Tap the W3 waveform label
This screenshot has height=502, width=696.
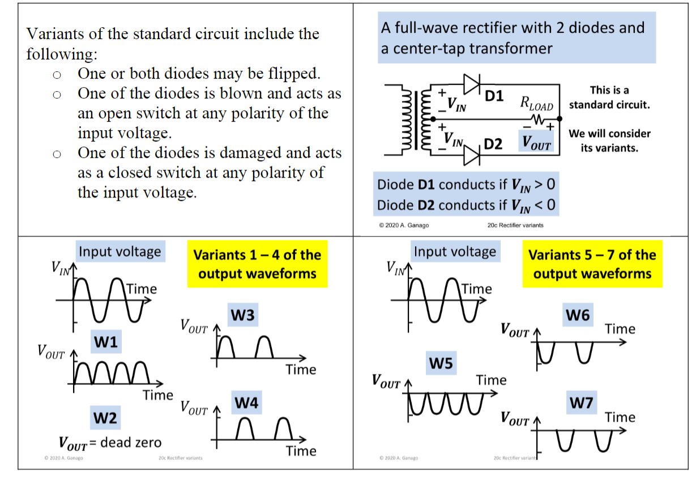click(243, 316)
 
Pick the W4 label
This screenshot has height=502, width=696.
click(246, 403)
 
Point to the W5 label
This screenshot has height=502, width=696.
click(441, 363)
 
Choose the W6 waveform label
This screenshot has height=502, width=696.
click(578, 316)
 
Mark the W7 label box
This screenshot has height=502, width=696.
click(581, 403)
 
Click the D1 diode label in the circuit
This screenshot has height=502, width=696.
click(494, 96)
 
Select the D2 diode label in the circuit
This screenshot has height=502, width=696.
click(493, 144)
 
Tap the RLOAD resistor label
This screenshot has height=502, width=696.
click(536, 104)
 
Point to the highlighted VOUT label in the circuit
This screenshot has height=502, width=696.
click(536, 144)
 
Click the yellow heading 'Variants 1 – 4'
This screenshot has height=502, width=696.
click(257, 264)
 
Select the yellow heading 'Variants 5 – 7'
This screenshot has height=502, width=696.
click(592, 264)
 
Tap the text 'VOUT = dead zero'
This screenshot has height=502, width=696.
click(110, 443)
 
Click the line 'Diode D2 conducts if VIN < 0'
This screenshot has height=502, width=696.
click(466, 205)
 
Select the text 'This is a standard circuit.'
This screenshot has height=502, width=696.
click(609, 97)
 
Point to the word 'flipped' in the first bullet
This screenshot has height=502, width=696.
click(291, 74)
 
